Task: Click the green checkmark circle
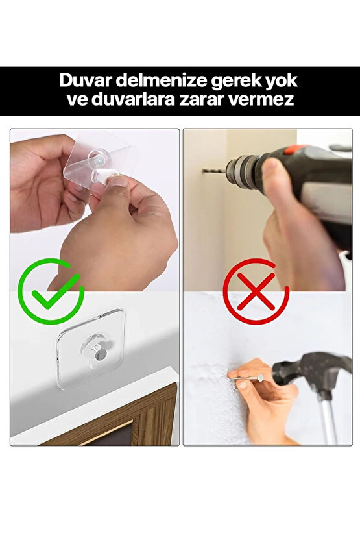tap(51, 291)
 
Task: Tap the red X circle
tap(256, 291)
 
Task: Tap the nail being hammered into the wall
tap(250, 376)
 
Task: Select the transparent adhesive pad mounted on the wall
tap(90, 349)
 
